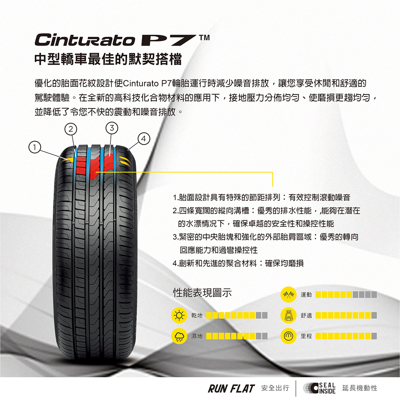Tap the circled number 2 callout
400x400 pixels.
(x=71, y=129)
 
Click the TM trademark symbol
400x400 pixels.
(x=204, y=38)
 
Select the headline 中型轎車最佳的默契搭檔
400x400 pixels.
(x=108, y=60)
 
